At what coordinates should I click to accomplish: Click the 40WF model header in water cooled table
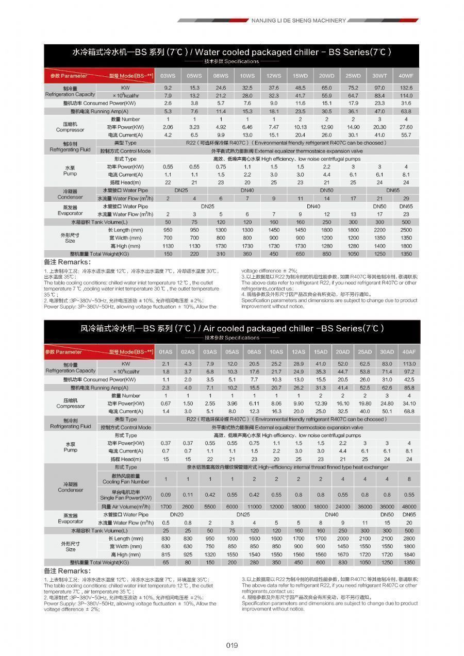click(x=406, y=76)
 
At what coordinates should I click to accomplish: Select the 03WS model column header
click(x=168, y=76)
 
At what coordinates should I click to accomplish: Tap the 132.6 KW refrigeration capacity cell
click(x=406, y=88)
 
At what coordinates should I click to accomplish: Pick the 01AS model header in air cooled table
click(x=165, y=352)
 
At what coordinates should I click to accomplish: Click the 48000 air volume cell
click(x=409, y=507)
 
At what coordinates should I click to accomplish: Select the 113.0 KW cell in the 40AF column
click(x=409, y=364)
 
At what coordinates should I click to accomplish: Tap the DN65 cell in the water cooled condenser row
click(x=393, y=191)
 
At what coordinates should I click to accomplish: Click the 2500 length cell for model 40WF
click(x=406, y=230)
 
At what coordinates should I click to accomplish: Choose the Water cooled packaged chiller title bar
click(x=231, y=52)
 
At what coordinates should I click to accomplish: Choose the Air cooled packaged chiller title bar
click(x=231, y=328)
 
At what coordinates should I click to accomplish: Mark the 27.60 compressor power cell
click(x=406, y=127)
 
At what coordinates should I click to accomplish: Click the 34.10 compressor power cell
click(x=409, y=403)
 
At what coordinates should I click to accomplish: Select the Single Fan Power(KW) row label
click(x=126, y=495)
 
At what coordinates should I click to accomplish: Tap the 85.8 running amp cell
click(x=409, y=388)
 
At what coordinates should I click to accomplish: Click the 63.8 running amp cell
click(x=406, y=111)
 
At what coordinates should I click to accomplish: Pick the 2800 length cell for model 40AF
click(x=409, y=539)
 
